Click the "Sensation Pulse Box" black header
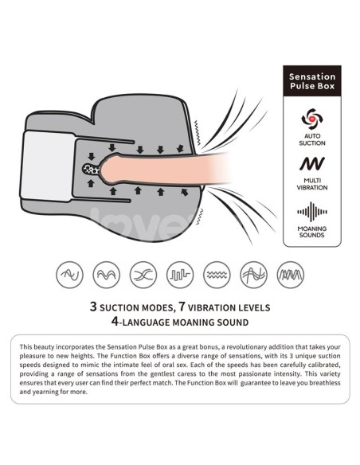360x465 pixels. tap(312, 81)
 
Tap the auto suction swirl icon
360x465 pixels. tap(312, 119)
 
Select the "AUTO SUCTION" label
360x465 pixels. tap(312, 139)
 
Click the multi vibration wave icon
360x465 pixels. tap(312, 163)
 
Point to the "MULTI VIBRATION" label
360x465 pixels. tap(312, 184)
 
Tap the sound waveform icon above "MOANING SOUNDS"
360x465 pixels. tap(312, 212)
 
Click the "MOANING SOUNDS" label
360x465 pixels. tap(312, 232)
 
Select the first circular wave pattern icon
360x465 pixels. tap(69, 275)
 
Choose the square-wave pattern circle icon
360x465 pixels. tap(180, 275)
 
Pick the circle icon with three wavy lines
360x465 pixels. tap(217, 275)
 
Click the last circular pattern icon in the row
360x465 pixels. tap(291, 275)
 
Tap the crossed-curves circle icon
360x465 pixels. tap(143, 275)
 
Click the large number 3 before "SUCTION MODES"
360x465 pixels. tap(93, 307)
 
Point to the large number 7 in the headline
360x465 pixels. tap(182, 307)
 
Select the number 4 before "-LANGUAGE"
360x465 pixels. tap(115, 321)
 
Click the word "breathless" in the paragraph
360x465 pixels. tap(325, 382)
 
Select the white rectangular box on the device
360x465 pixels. tap(48, 166)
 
